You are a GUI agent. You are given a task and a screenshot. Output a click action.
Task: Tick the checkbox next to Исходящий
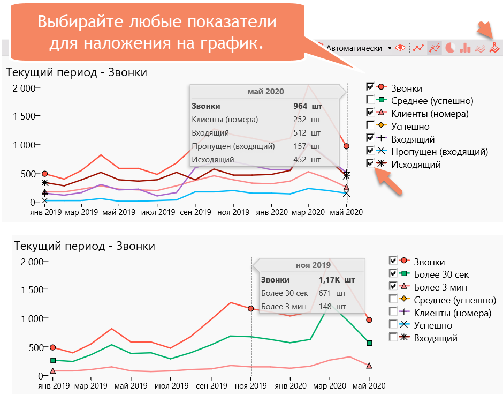coord(370,164)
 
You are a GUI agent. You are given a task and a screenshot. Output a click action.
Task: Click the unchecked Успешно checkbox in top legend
coord(370,125)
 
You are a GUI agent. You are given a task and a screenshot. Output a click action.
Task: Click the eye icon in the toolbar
coord(400,48)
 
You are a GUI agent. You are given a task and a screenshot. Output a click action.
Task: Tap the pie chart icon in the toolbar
coord(450,48)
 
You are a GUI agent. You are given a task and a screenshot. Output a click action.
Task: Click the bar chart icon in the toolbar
coord(465,48)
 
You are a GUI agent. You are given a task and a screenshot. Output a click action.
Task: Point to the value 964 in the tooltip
coord(300,106)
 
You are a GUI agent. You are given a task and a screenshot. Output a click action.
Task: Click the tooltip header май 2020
coord(265,92)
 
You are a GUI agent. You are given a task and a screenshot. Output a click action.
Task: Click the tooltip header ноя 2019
coord(313,265)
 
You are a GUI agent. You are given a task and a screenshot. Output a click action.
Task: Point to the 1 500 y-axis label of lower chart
coord(27,290)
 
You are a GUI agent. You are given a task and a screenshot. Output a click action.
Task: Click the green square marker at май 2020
coord(369,343)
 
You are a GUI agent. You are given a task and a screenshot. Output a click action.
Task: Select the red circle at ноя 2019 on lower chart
coord(251,309)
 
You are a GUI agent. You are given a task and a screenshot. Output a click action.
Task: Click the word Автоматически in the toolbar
coord(354,48)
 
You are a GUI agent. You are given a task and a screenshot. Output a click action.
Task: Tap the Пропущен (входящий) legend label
coord(439,152)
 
